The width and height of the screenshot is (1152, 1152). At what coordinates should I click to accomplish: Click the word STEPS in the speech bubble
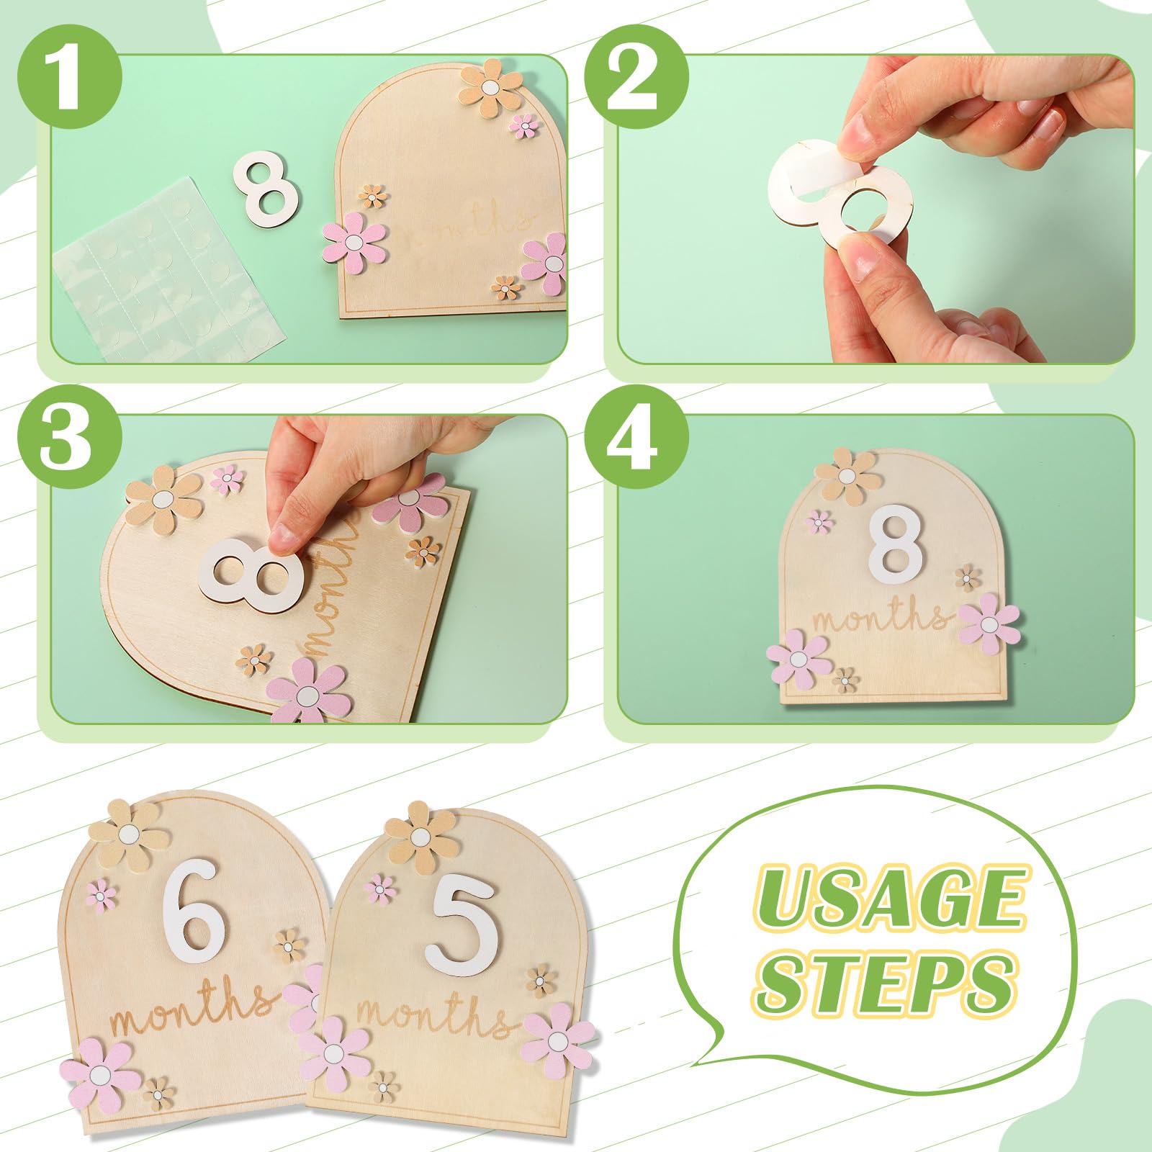point(886,979)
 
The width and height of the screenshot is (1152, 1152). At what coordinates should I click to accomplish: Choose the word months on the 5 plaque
point(436,1017)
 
